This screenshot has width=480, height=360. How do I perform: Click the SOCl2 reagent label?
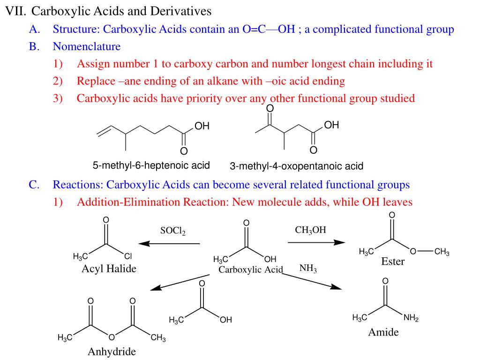click(172, 231)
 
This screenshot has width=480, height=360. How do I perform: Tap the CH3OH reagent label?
click(310, 230)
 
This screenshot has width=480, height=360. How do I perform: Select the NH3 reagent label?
click(308, 269)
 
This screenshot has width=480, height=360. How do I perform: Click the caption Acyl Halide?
click(109, 269)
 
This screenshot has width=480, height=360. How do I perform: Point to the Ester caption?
click(392, 262)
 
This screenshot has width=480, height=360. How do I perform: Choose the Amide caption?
click(383, 332)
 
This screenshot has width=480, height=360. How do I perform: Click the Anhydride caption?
click(112, 352)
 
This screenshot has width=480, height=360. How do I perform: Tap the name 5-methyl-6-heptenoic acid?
click(151, 165)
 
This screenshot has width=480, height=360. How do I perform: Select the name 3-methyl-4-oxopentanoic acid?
click(296, 166)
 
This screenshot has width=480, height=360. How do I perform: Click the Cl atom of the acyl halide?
click(128, 256)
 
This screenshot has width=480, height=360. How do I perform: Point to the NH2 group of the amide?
click(411, 318)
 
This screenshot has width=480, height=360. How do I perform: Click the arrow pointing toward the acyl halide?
click(169, 244)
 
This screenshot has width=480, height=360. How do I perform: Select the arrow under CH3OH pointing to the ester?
click(316, 242)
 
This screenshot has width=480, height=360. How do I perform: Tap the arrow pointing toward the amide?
click(312, 280)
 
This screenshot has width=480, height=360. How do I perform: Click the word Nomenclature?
click(87, 46)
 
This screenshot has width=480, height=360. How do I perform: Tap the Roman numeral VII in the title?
click(15, 11)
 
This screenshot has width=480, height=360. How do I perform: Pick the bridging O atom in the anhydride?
click(112, 337)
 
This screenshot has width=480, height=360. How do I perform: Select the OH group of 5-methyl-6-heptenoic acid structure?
click(202, 126)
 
